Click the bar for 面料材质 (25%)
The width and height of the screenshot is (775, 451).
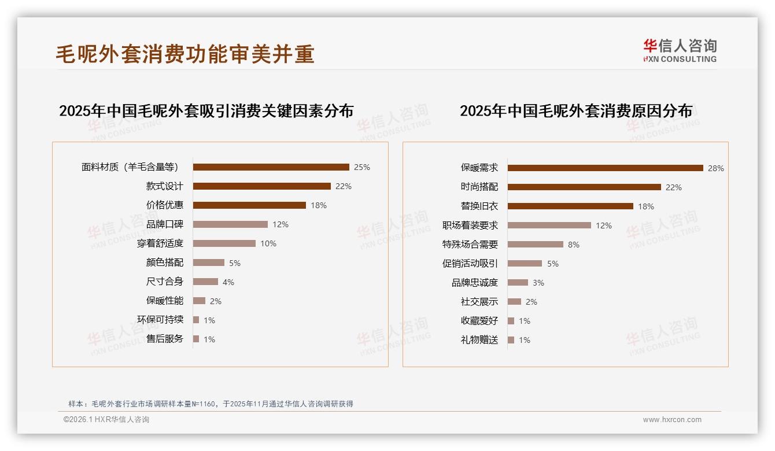coord(271,167)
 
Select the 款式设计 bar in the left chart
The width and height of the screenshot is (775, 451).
coord(261,186)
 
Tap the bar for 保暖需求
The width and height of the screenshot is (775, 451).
coord(605,168)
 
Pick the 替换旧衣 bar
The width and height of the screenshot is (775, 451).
coord(570,206)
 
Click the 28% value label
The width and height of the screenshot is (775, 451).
coord(715,168)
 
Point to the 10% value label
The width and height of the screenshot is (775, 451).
coord(268,243)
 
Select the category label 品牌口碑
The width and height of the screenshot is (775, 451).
coord(165,224)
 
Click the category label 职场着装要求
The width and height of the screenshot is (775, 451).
coord(470,226)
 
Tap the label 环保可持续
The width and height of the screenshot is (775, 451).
coord(160,320)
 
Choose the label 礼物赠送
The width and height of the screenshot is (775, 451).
coord(479,340)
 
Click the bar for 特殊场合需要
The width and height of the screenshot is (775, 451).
coord(535,245)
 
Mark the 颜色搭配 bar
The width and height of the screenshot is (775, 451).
coord(208,263)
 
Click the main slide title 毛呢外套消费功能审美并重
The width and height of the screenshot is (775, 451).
coord(185,54)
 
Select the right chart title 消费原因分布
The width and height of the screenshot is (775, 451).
coord(575,111)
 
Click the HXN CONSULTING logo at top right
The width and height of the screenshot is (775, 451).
coord(680,51)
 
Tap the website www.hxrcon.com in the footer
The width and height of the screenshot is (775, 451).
coord(672,420)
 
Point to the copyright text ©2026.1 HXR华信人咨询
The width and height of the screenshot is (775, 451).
coord(106,420)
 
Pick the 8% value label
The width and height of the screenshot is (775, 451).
coord(573,245)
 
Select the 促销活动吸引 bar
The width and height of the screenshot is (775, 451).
coord(525,264)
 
